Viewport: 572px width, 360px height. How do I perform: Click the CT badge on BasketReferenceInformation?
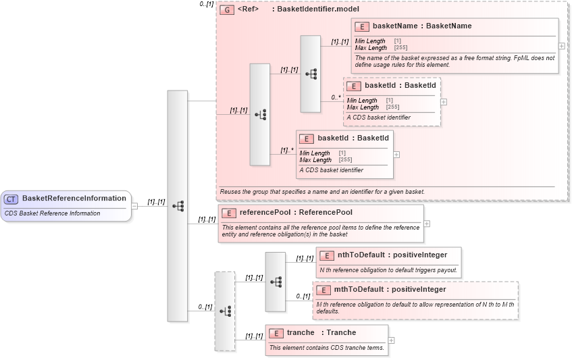tap(11, 199)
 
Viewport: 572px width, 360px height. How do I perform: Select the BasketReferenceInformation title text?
tap(74, 199)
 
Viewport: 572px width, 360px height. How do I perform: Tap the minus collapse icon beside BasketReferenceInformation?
tap(134, 206)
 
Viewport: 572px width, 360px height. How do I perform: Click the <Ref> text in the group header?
tap(248, 10)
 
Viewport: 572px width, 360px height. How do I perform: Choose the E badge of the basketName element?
tap(362, 26)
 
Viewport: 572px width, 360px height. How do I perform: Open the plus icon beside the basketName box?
tap(562, 46)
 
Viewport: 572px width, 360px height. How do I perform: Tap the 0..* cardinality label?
tap(336, 97)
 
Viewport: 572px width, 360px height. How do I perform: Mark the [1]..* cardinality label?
tap(287, 151)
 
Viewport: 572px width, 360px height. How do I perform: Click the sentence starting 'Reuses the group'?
tap(321, 192)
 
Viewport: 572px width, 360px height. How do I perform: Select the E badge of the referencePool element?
tap(230, 213)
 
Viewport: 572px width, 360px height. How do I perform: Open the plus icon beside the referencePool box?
tap(427, 224)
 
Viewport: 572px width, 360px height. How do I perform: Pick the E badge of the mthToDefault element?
tap(324, 290)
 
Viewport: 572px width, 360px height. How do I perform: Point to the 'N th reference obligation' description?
tap(388, 270)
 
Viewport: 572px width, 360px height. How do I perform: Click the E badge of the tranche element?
tap(276, 333)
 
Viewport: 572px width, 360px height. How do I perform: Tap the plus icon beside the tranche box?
tap(392, 340)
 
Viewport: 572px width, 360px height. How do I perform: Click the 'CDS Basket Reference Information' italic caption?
tap(52, 213)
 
